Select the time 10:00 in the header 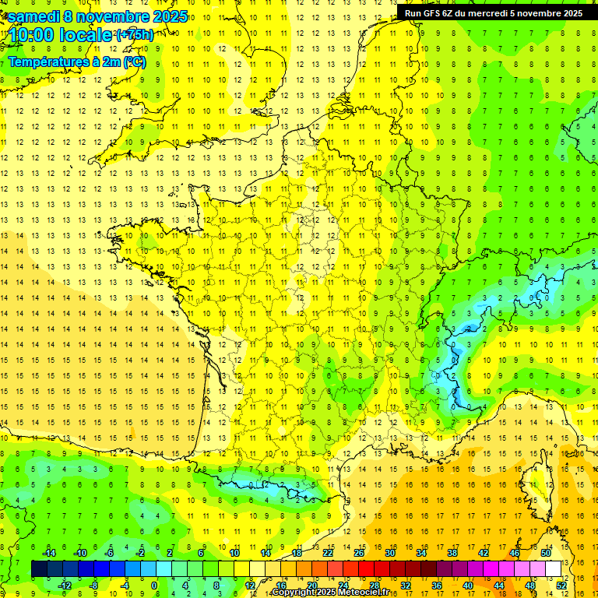[32, 36]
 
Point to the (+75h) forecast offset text [134, 35]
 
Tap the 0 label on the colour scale [154, 586]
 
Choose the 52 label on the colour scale [561, 586]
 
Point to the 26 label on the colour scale [358, 552]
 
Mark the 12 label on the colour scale [249, 586]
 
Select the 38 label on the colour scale [452, 552]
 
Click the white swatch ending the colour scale [553, 569]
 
